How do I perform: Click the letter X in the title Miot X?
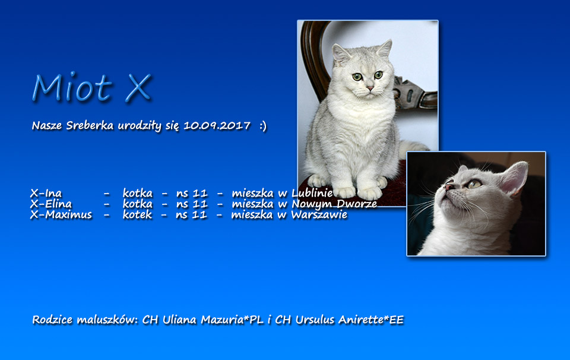pyautogui.click(x=138, y=88)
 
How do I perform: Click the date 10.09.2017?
pyautogui.click(x=217, y=126)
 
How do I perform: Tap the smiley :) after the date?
pyautogui.click(x=263, y=126)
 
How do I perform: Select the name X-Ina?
pyautogui.click(x=46, y=193)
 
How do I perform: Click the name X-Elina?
pyautogui.click(x=51, y=204)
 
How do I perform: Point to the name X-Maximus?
pyautogui.click(x=61, y=214)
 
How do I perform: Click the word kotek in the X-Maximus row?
pyautogui.click(x=137, y=214)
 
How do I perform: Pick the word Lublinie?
pyautogui.click(x=312, y=193)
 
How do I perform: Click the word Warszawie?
pyautogui.click(x=319, y=214)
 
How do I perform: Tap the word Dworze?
pyautogui.click(x=356, y=204)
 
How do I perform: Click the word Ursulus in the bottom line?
pyautogui.click(x=315, y=320)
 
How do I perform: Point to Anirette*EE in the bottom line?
pyautogui.click(x=370, y=320)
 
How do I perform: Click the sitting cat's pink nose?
pyautogui.click(x=370, y=89)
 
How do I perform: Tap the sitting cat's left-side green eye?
pyautogui.click(x=357, y=77)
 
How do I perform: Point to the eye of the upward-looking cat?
pyautogui.click(x=474, y=184)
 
